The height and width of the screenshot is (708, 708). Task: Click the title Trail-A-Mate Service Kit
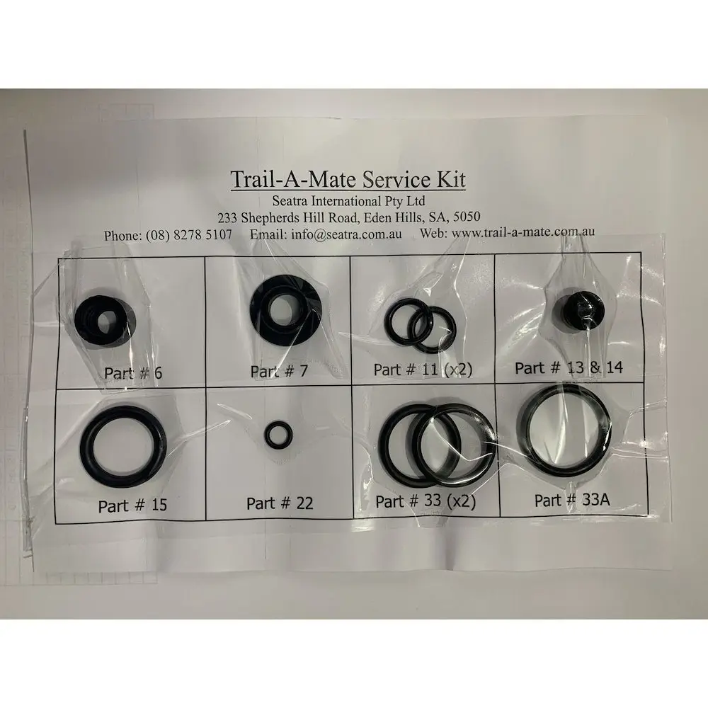[x=348, y=179]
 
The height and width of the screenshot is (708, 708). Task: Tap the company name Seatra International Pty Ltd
[x=348, y=200]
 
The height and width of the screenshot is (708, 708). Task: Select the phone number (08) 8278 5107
[x=189, y=235]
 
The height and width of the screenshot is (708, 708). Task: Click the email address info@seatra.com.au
[x=346, y=234]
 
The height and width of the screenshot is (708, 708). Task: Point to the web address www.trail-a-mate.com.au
[x=523, y=232]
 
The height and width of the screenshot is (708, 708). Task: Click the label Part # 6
[x=133, y=373]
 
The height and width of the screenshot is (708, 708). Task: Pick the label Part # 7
[x=279, y=371]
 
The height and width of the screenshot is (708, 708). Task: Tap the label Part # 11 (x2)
[x=423, y=370]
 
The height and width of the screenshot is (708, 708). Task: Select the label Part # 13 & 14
[x=569, y=367]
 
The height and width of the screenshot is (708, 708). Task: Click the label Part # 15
[x=133, y=506]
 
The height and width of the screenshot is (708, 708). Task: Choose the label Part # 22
[x=280, y=503]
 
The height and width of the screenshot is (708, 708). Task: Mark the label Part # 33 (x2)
[x=426, y=501]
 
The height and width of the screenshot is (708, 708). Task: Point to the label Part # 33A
[x=572, y=500]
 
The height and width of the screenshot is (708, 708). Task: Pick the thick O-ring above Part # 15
[x=86, y=447]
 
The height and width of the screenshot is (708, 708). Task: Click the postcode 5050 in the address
[x=467, y=217]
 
